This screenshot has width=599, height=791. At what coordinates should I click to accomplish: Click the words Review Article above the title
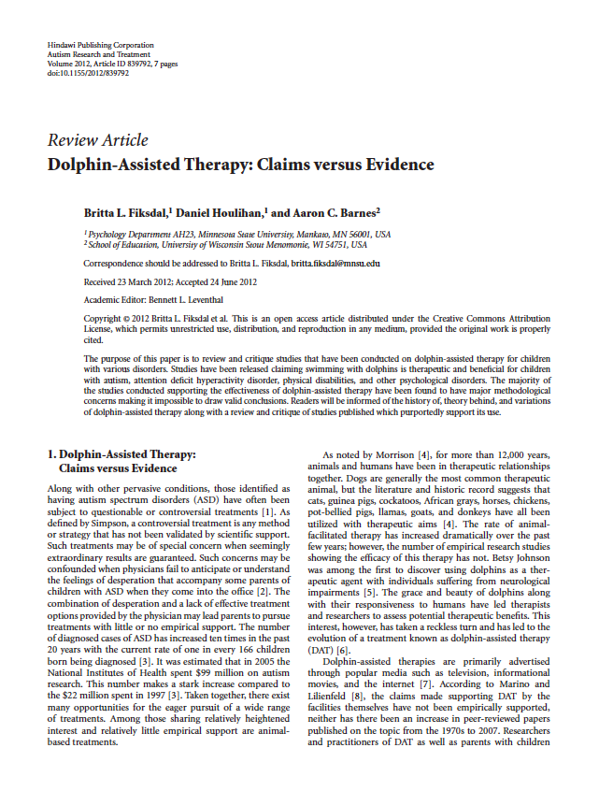click(x=97, y=140)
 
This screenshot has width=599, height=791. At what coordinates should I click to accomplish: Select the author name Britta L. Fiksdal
click(x=125, y=214)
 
